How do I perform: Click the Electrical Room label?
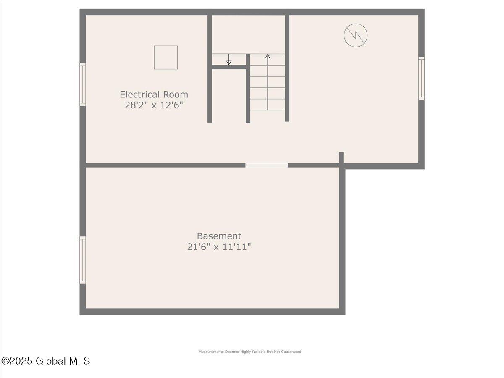[154, 94]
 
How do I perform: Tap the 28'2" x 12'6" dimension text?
[154, 105]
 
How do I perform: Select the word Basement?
[219, 236]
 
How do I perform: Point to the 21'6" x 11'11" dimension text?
[219, 247]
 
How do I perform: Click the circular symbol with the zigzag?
[356, 35]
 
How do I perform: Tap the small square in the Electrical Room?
[166, 57]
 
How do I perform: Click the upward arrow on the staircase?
[268, 57]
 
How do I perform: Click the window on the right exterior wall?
[421, 78]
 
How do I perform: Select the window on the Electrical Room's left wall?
[83, 84]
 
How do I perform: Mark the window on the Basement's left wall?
[83, 260]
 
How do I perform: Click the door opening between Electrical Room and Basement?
[266, 165]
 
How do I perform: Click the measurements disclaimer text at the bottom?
[250, 352]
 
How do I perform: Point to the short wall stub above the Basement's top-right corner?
[341, 157]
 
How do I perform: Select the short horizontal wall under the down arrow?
[229, 67]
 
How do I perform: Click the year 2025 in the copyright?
[22, 361]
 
